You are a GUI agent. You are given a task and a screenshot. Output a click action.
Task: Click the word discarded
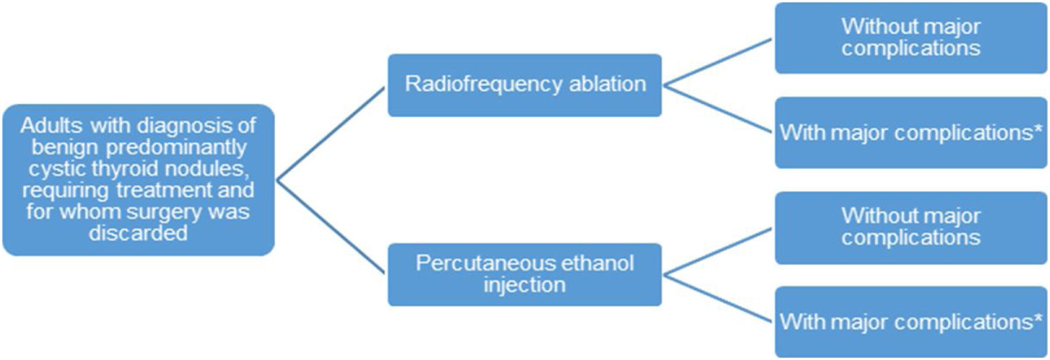click(x=138, y=233)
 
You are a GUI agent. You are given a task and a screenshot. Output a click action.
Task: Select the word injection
click(x=524, y=285)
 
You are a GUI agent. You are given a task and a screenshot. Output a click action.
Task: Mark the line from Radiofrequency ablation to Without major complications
click(x=718, y=62)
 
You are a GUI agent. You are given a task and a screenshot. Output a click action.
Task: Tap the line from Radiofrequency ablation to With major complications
click(x=718, y=110)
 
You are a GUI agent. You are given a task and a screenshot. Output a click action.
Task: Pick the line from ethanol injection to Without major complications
click(x=718, y=252)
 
